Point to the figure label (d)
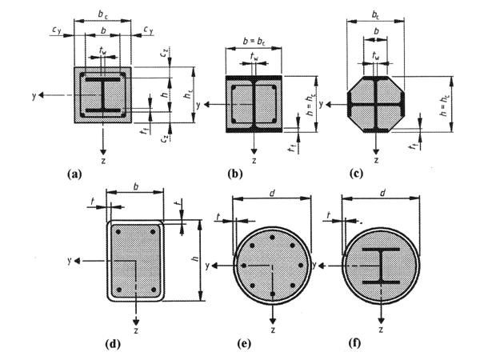pos(112,346)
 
